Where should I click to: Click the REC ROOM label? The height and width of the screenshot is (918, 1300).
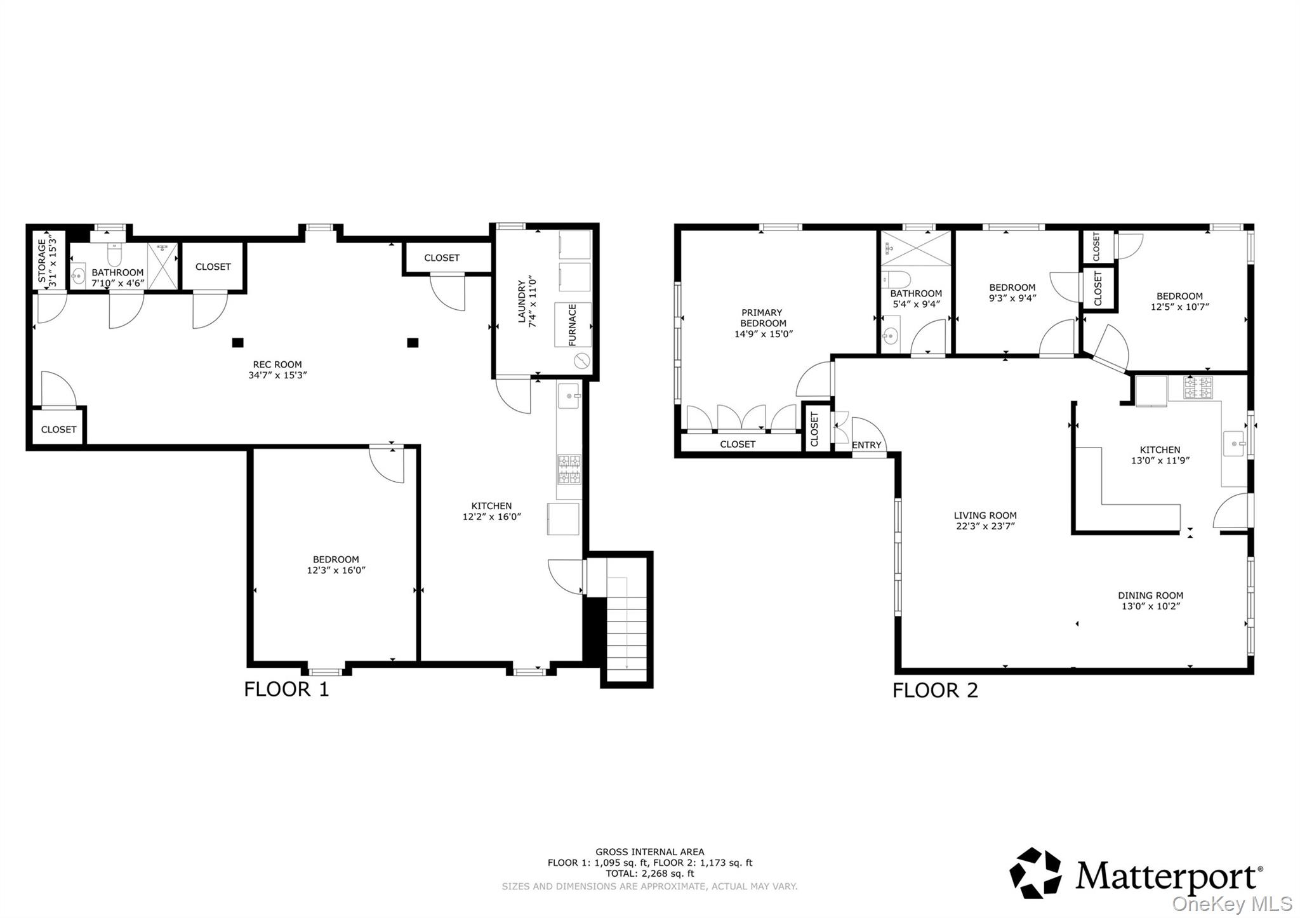277,364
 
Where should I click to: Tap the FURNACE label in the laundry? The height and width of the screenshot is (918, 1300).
573,324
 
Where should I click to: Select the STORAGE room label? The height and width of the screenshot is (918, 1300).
42,260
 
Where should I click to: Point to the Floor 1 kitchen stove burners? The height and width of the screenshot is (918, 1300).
569,469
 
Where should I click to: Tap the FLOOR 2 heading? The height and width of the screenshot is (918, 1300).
934,690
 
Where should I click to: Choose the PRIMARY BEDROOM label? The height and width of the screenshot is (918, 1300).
762,317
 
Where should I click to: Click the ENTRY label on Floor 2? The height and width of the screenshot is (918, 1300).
866,445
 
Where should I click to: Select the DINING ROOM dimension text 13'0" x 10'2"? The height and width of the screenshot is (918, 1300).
1150,606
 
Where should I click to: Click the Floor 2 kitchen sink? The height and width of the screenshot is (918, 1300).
1234,443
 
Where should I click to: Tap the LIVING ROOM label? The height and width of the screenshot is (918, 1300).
985,516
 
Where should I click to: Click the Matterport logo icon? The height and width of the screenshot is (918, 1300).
1035,873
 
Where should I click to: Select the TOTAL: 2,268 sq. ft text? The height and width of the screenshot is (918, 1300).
649,873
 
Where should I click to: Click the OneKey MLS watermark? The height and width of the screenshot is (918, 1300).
1231,903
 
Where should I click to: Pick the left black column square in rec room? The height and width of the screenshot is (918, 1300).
237,343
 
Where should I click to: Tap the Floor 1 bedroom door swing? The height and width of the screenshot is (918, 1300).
386,465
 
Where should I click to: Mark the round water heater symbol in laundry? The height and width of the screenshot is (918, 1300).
581,361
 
